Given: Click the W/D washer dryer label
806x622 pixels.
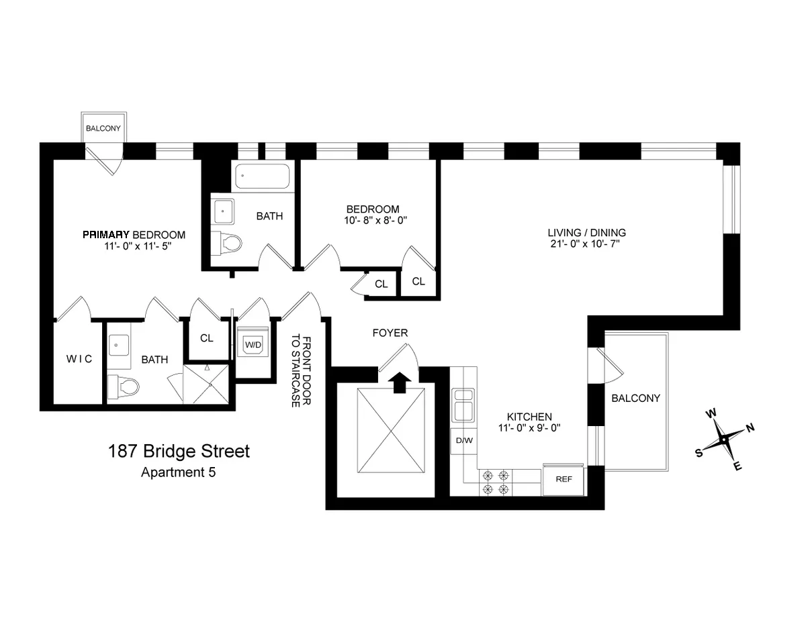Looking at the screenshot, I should (254, 345).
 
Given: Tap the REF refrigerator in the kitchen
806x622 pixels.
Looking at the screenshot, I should (563, 480).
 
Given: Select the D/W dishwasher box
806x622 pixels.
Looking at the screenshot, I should (463, 441).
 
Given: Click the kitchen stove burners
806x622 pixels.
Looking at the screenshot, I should (495, 482).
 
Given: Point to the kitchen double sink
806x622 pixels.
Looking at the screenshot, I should (463, 405).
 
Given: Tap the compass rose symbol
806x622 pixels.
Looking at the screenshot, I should (725, 440).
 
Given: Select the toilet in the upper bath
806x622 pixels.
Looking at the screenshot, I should (228, 242).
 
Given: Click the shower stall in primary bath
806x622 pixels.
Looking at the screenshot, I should (207, 384).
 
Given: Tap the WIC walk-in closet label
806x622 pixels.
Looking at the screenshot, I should (79, 359).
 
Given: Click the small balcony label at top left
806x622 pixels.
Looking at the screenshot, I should (103, 127).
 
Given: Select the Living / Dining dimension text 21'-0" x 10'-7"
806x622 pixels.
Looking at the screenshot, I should (586, 244).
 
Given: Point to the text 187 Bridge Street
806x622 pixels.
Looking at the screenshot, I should (179, 451).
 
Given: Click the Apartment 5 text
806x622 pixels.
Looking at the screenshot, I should (178, 472).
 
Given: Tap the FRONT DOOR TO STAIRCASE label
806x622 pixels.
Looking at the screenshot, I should (300, 371).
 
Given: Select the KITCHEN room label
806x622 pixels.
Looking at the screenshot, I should (529, 417).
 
